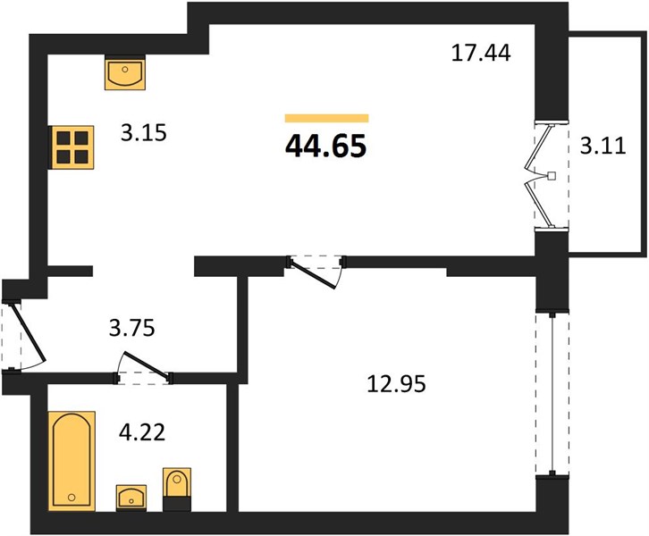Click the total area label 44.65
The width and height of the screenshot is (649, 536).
[325, 147]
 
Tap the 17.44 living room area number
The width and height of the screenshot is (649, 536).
[481, 54]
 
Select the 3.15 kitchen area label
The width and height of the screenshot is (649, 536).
[144, 133]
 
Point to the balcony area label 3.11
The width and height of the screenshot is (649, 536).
[603, 146]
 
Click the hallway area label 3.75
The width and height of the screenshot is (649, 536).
[131, 328]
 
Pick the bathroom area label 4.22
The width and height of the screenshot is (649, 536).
[142, 432]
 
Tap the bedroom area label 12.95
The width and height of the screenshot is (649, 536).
[397, 384]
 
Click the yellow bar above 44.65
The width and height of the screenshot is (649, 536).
[326, 118]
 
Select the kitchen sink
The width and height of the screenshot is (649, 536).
[125, 72]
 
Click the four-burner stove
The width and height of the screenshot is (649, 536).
[72, 147]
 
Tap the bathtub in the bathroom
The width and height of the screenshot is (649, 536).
[72, 461]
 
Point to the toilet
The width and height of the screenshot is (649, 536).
[177, 490]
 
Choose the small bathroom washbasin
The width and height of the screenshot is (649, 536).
[131, 498]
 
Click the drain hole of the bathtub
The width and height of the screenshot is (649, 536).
[72, 497]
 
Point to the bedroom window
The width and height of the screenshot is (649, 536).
[552, 393]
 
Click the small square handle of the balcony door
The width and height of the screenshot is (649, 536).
[552, 176]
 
